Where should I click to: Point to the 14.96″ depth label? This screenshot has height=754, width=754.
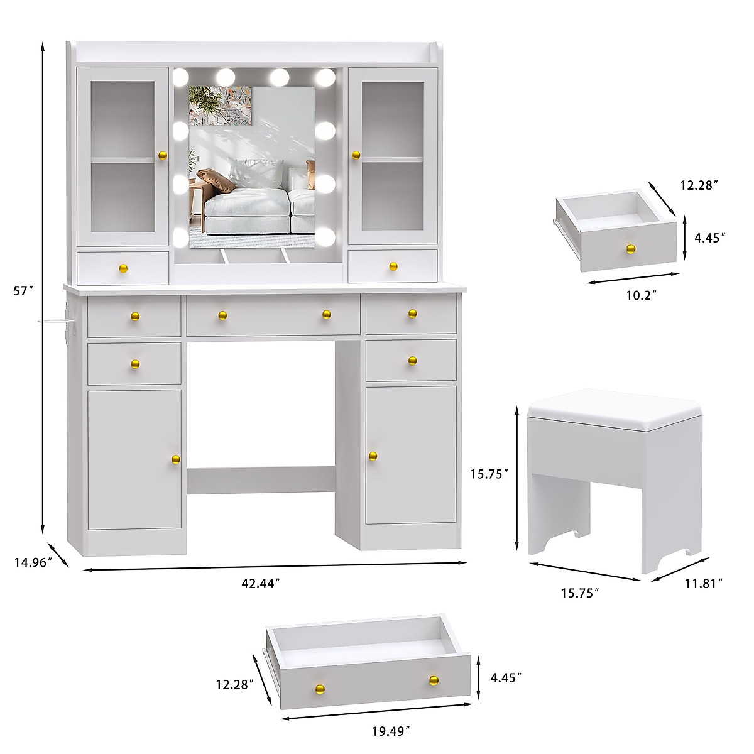32,563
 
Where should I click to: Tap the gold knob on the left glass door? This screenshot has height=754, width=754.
161,155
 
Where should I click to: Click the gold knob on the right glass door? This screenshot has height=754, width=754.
356,155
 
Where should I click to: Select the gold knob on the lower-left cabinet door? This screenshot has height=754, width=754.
175,461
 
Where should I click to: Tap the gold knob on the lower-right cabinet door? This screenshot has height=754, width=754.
373,456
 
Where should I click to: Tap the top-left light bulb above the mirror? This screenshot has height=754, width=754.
181,77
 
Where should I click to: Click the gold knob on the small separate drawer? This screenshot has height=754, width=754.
630,249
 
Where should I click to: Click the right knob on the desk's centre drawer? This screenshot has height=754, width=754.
326,314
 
